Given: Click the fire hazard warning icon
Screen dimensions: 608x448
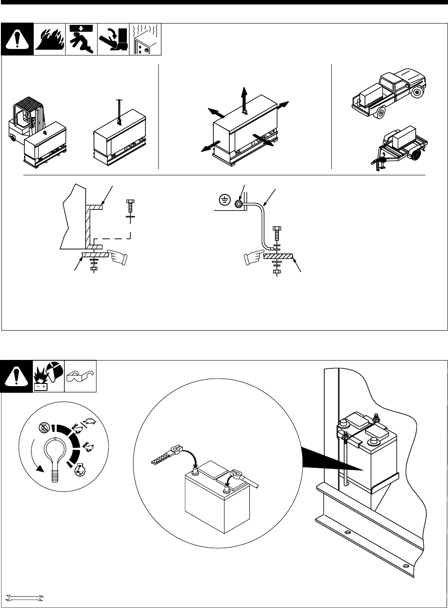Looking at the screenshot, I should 49,39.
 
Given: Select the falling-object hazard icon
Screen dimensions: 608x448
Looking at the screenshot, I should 81,39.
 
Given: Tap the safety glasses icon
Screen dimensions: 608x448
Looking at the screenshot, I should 81,376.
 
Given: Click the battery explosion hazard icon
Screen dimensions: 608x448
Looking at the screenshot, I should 49,376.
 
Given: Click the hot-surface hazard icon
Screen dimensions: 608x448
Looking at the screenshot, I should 145,39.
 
